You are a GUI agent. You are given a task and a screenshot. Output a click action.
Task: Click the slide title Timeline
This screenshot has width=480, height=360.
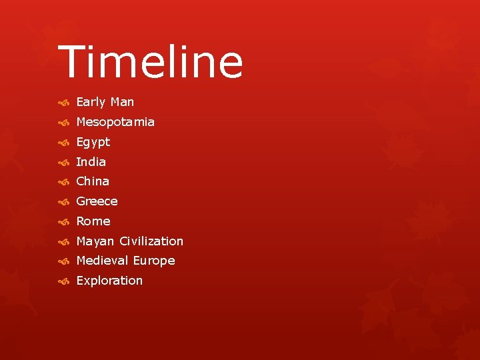click(151, 62)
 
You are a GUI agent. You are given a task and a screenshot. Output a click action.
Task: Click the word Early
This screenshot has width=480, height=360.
click(91, 102)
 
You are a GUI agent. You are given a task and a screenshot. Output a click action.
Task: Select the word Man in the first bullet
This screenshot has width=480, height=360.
click(122, 102)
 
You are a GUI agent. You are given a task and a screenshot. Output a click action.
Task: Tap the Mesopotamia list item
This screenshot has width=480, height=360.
click(115, 122)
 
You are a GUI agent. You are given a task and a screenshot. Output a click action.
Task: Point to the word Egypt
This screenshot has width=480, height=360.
click(93, 142)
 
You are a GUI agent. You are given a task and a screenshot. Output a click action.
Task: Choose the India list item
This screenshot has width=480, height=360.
click(91, 161)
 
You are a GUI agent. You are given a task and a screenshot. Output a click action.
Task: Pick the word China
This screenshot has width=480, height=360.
click(93, 181)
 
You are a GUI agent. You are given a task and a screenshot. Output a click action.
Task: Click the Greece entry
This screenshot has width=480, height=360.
click(97, 201)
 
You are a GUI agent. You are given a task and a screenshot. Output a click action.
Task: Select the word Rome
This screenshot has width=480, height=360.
click(93, 221)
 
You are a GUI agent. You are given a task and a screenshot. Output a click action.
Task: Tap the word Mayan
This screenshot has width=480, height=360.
click(95, 241)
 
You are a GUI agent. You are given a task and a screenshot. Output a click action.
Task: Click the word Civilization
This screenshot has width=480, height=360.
click(151, 241)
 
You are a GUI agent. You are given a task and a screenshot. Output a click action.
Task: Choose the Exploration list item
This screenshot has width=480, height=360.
click(109, 281)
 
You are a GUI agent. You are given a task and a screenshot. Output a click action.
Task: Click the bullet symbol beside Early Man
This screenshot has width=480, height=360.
click(63, 103)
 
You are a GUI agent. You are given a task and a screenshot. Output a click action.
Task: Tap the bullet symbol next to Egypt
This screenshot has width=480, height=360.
click(63, 143)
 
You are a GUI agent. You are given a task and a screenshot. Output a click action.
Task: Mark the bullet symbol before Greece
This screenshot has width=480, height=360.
click(63, 202)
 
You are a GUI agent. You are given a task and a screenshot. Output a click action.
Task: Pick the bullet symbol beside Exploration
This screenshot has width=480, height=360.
click(63, 281)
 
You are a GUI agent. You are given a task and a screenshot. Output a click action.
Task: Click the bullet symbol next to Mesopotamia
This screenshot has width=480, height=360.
click(63, 123)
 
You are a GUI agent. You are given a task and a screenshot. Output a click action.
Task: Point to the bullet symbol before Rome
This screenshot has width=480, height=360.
click(63, 222)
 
